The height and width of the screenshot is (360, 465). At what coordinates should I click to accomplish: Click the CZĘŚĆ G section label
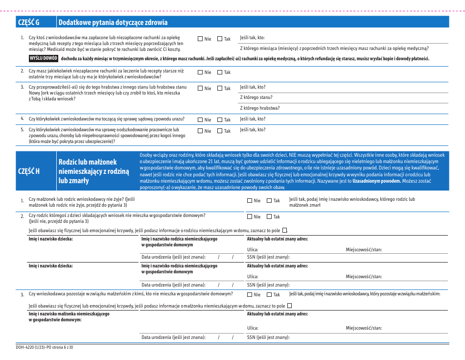point(28,22)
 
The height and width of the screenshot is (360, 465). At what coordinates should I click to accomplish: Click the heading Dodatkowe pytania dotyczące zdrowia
point(113,22)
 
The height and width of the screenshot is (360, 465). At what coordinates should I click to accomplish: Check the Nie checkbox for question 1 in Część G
point(200,39)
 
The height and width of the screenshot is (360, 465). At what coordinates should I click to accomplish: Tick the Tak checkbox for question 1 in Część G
point(220,39)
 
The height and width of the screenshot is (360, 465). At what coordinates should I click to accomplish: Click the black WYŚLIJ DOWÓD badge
point(44,58)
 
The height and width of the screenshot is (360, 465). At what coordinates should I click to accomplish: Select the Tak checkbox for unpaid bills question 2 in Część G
point(220,72)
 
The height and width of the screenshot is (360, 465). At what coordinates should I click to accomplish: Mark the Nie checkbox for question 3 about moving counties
point(200,88)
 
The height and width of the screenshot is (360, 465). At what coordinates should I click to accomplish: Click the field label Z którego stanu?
point(256,97)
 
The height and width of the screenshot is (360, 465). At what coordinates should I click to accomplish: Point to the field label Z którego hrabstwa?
point(259,108)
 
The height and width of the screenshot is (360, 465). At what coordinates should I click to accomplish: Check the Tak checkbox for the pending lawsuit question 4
point(220,120)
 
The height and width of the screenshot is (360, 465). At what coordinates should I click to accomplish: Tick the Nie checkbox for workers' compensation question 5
point(200,131)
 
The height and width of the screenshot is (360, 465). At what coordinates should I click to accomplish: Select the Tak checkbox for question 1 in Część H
point(269,200)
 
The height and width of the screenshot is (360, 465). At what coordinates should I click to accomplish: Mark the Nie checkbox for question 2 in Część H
point(250,216)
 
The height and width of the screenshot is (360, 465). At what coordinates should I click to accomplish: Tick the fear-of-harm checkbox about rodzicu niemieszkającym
point(285,230)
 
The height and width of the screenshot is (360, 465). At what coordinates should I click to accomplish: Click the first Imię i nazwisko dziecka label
point(50,239)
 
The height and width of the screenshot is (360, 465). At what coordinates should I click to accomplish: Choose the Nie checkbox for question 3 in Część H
point(250,294)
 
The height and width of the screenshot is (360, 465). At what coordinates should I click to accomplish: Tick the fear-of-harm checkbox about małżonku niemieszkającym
point(290,306)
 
